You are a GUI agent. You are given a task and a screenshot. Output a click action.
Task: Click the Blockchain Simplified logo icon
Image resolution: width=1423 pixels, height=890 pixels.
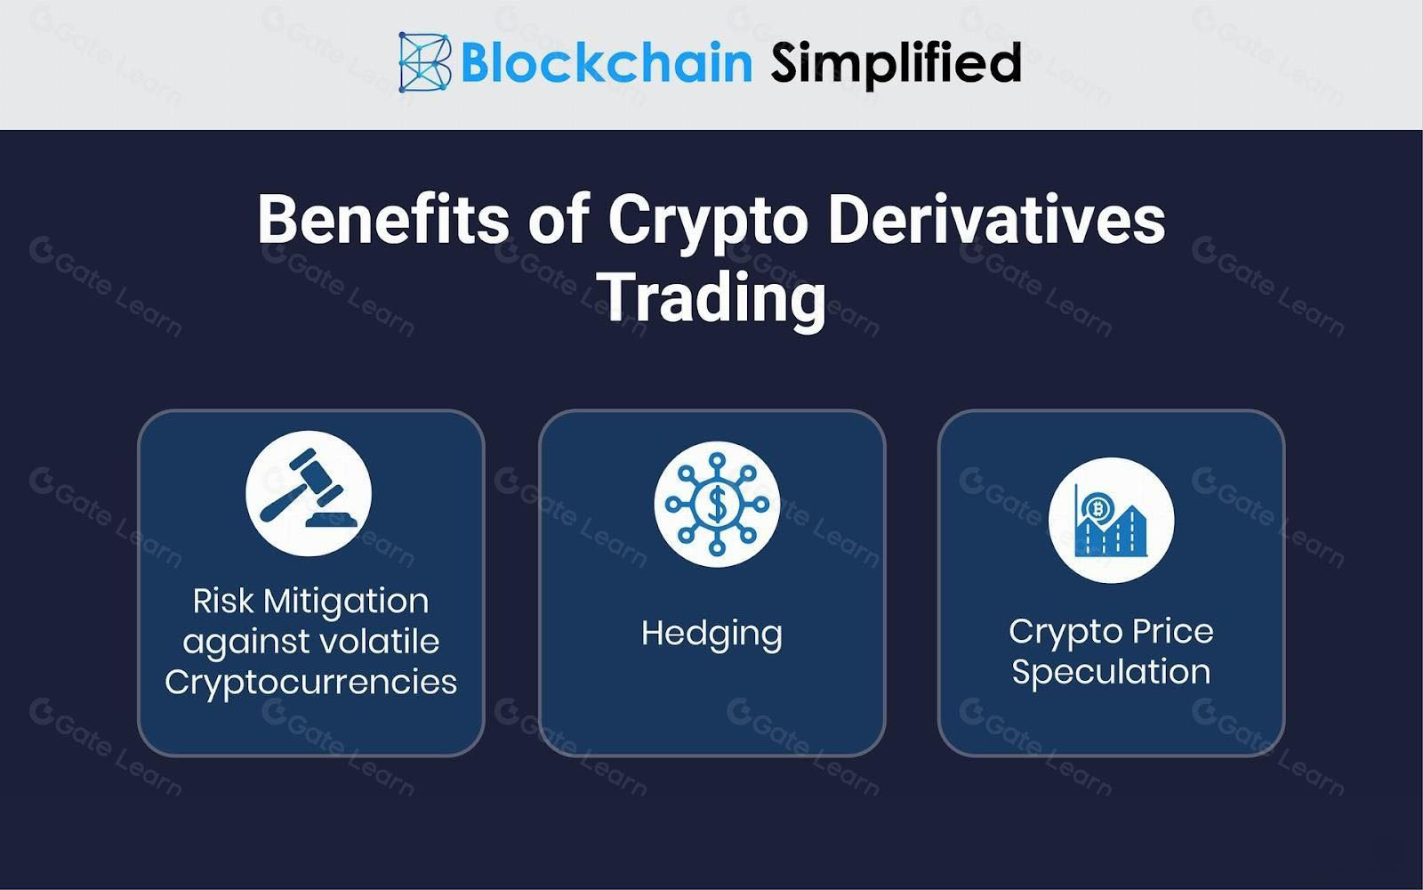pos(425,62)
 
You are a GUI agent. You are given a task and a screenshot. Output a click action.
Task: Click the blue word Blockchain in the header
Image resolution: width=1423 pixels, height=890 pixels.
pos(606,62)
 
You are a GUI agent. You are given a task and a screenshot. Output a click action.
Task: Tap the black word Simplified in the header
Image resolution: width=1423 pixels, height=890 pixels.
pos(896,64)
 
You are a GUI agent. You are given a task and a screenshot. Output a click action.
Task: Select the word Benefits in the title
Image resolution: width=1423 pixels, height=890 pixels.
pos(383,220)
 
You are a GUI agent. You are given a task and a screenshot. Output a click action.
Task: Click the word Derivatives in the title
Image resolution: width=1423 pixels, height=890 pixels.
pos(997,220)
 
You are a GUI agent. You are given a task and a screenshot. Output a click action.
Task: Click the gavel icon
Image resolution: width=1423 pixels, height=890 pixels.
pos(309,493)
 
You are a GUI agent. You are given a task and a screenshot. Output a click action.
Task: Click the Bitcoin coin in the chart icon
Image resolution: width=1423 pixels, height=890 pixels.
pos(1096,507)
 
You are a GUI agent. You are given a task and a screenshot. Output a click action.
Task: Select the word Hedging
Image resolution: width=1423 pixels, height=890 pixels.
pos(711,635)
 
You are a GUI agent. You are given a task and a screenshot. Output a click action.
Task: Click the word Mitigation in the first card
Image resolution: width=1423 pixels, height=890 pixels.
pos(346,602)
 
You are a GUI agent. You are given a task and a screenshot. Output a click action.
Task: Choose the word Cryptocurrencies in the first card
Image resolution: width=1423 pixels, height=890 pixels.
pos(310,683)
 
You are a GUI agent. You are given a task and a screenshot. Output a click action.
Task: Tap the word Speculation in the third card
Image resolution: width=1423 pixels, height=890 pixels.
pos(1111,673)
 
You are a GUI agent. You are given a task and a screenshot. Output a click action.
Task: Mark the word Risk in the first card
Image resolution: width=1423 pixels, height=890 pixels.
pos(223,601)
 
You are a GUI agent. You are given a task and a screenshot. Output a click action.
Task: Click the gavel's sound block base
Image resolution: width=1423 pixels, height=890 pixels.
pos(332,520)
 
